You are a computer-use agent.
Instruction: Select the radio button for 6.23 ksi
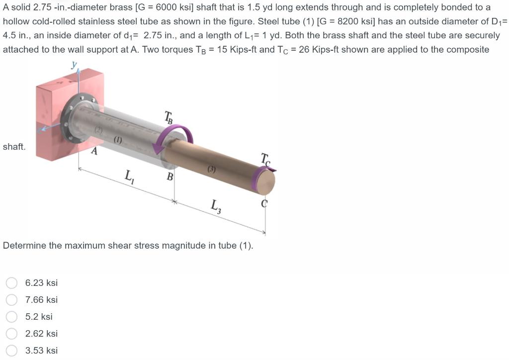click(12, 283)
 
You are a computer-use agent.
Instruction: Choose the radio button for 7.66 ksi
click(12, 300)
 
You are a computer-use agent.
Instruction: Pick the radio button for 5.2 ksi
click(12, 317)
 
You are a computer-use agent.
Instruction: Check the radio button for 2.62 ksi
click(12, 333)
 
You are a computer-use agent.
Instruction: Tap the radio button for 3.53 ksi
click(12, 350)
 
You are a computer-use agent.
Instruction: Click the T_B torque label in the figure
click(168, 117)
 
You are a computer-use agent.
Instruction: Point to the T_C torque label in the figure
click(265, 160)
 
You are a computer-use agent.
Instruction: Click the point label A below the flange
click(94, 151)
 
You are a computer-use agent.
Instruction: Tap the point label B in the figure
click(170, 177)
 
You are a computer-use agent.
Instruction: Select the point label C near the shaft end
click(264, 203)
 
